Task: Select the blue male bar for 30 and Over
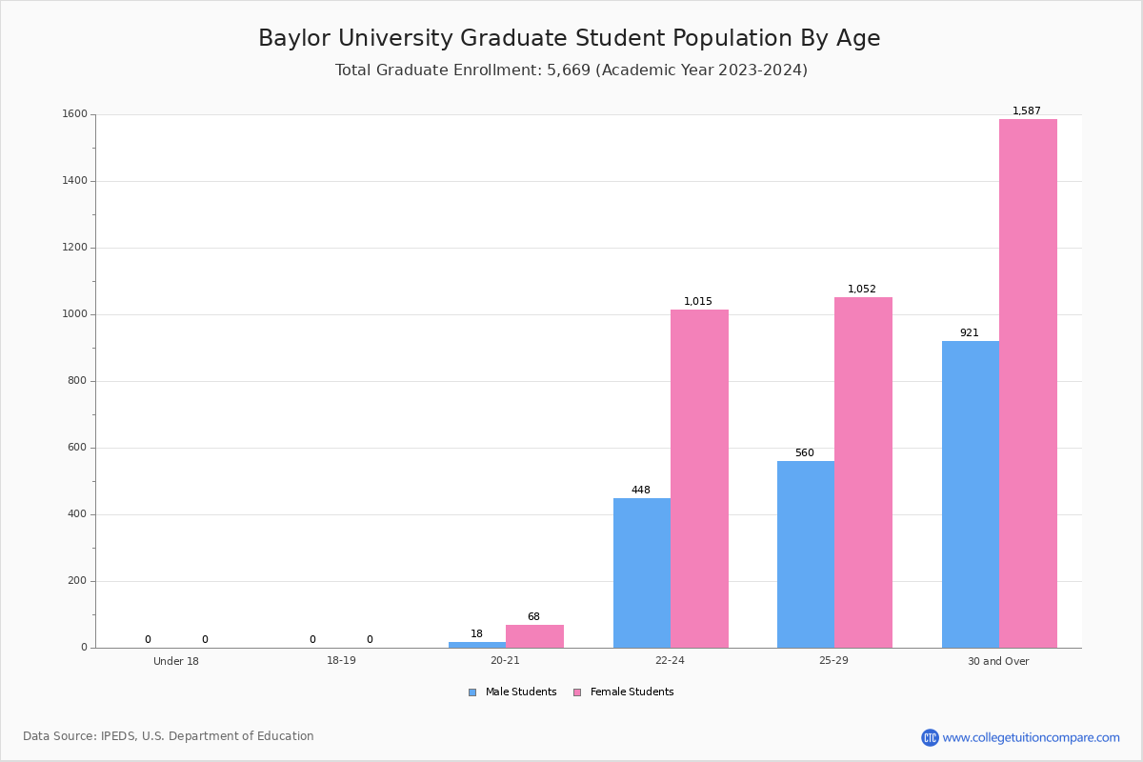click(x=971, y=494)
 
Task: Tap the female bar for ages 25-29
click(x=863, y=472)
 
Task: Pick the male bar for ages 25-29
click(x=806, y=554)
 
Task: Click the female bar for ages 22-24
click(x=699, y=478)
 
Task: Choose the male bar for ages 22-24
click(x=642, y=572)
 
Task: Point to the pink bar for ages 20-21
click(x=534, y=636)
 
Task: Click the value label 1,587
click(x=1027, y=111)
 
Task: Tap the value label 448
click(x=641, y=491)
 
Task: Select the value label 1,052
click(x=862, y=290)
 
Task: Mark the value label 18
click(x=476, y=634)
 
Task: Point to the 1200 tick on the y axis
click(x=75, y=248)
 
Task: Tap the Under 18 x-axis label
click(x=176, y=661)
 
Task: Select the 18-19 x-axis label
click(x=341, y=661)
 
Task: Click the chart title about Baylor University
click(x=570, y=39)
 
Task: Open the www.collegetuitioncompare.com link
click(x=1031, y=737)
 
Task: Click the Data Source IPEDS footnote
click(x=169, y=736)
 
